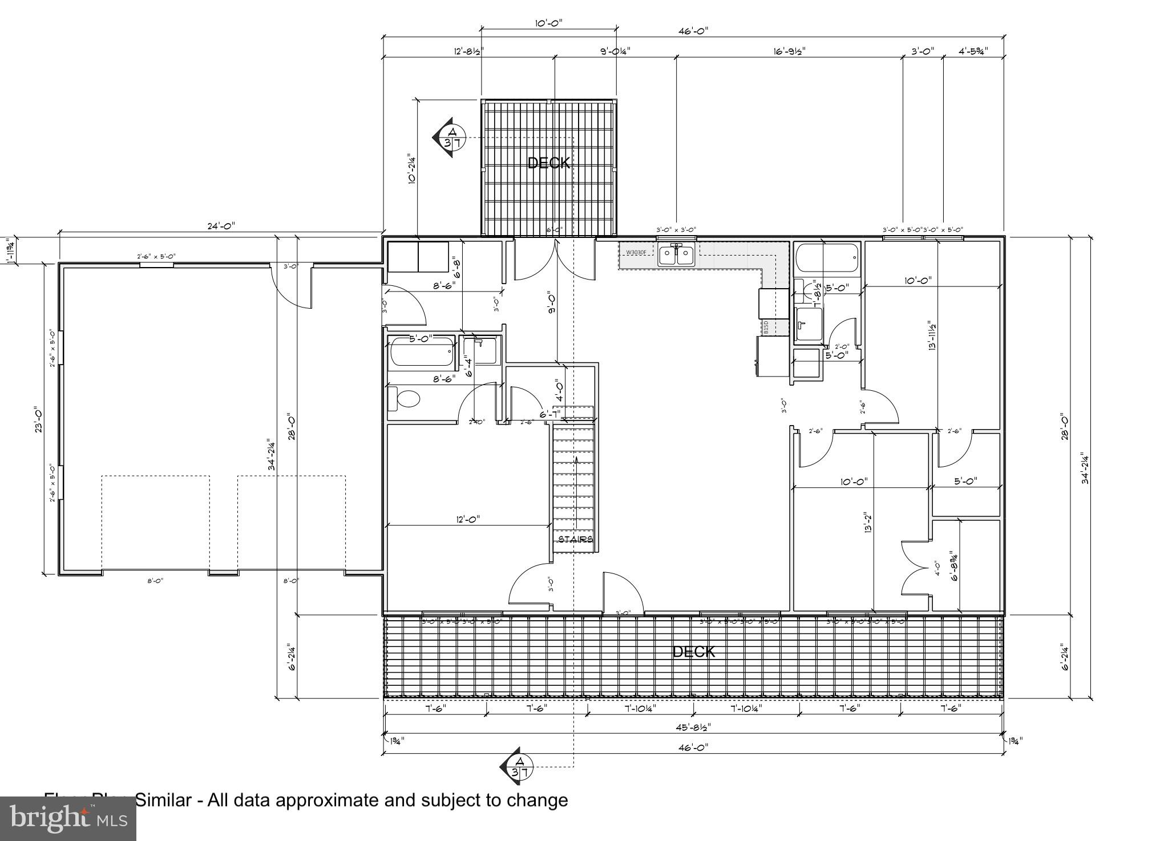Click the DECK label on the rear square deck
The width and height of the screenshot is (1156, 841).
548,163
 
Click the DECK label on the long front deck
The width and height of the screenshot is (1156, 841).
693,652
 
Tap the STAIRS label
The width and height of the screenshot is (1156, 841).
575,539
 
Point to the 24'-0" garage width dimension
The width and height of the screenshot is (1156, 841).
221,226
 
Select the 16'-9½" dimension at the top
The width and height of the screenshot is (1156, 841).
789,51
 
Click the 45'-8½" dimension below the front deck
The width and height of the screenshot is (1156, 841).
693,727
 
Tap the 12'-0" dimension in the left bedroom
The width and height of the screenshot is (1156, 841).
468,519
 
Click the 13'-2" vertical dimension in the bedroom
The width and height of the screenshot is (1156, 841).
868,522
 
